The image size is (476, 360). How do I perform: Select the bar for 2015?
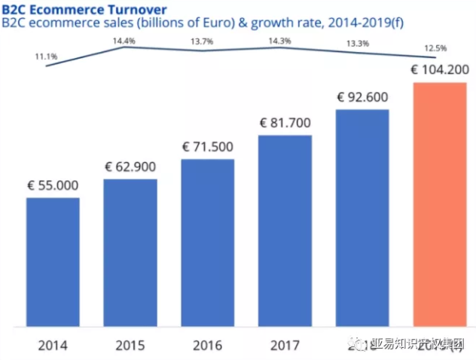click(x=130, y=253)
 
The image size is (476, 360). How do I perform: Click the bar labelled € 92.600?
click(x=362, y=218)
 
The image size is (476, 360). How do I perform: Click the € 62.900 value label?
click(x=130, y=166)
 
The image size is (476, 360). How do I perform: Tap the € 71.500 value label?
click(x=207, y=147)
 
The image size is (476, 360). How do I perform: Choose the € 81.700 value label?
click(x=285, y=122)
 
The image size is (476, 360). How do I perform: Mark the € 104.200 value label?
click(x=440, y=69)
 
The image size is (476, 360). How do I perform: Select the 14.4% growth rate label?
click(x=124, y=40)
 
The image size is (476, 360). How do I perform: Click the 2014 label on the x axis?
click(x=53, y=346)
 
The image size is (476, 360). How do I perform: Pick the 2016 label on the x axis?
click(x=207, y=346)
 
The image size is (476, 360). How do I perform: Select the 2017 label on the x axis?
click(x=285, y=346)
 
